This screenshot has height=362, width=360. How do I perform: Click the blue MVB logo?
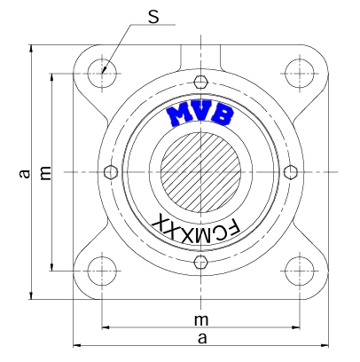(200, 114)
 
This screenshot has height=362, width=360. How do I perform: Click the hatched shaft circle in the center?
(200, 172)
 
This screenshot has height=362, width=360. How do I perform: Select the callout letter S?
(153, 17)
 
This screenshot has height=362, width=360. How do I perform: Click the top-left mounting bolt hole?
(102, 74)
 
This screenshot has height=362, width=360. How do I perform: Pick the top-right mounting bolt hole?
(300, 74)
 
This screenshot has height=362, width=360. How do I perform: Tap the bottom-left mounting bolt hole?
(102, 271)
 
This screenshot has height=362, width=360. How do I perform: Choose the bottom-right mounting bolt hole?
(300, 271)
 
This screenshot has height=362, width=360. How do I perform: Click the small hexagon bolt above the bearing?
(201, 82)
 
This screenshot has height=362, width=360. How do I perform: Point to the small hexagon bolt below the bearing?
(201, 262)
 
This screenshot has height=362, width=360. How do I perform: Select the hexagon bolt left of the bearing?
(111, 172)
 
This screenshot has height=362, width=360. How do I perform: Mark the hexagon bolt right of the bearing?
(291, 172)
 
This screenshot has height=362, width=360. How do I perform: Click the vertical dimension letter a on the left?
(25, 173)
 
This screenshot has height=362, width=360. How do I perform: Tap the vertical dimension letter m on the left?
(45, 173)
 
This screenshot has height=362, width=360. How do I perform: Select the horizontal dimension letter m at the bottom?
(201, 319)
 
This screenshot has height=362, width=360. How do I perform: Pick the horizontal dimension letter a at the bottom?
(202, 338)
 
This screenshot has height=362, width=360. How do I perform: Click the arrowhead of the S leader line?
(103, 71)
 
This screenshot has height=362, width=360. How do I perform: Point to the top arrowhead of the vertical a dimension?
(31, 49)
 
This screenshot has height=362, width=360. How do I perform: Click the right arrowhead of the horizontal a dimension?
(325, 345)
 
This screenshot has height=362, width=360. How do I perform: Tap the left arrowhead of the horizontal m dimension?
(106, 327)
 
